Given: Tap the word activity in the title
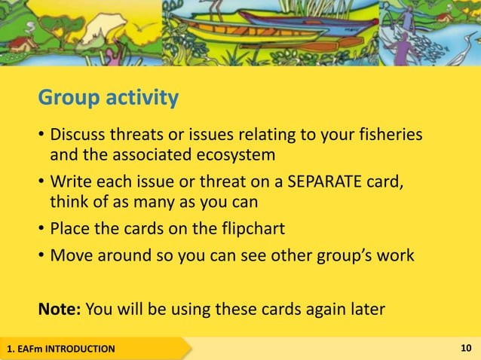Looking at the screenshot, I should (141, 99).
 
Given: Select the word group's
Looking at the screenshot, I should (341, 256).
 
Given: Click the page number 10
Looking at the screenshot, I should (465, 348).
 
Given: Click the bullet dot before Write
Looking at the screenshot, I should (41, 184).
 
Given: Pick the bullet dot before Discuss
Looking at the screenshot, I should (41, 137).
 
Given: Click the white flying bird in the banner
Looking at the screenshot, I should (141, 29).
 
